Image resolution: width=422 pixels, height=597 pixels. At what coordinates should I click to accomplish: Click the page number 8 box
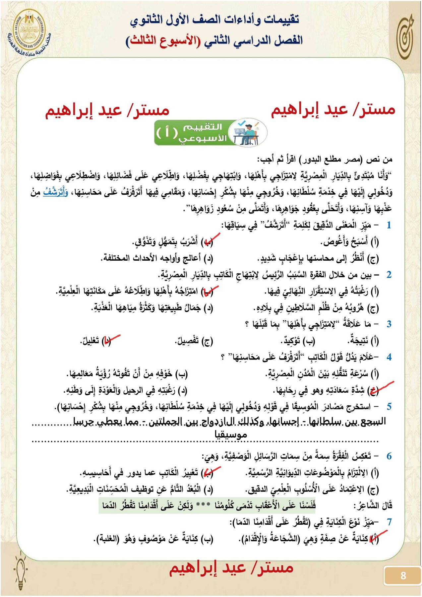pyautogui.click(x=402, y=575)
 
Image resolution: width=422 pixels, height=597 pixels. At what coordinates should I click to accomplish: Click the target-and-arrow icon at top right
pyautogui.click(x=406, y=36)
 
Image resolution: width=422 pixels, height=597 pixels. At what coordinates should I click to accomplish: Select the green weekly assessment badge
pyautogui.click(x=210, y=133)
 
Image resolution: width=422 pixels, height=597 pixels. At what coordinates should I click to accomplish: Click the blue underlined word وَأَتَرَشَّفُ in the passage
pyautogui.click(x=56, y=192)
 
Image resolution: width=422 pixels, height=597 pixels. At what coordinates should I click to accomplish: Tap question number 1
pyautogui.click(x=389, y=225)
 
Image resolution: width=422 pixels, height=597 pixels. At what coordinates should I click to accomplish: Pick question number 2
pyautogui.click(x=389, y=275)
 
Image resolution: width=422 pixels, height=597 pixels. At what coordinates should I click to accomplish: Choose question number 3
pyautogui.click(x=389, y=324)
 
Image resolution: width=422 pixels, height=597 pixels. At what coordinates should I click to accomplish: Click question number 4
pyautogui.click(x=389, y=357)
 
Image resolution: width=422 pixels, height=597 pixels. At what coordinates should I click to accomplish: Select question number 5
pyautogui.click(x=389, y=406)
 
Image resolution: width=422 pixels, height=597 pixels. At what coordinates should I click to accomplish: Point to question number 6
pyautogui.click(x=389, y=456)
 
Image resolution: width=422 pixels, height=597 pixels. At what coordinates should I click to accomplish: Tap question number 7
pyautogui.click(x=389, y=522)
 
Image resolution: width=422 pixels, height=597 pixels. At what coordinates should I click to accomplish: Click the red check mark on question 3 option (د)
pyautogui.click(x=111, y=339)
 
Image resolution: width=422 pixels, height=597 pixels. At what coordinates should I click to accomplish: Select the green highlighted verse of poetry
pyautogui.click(x=207, y=506)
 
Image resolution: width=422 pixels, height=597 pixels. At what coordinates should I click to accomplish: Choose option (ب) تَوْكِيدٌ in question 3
pyautogui.click(x=297, y=341)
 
